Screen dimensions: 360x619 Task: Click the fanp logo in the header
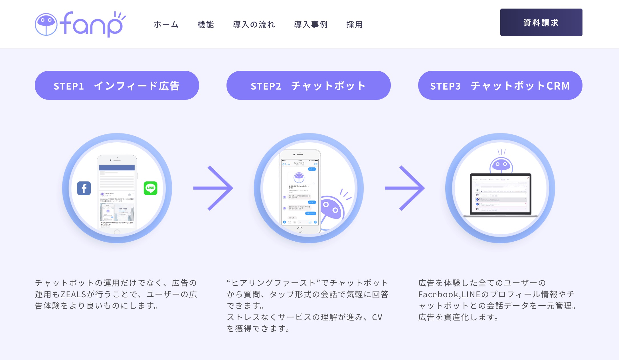click(80, 24)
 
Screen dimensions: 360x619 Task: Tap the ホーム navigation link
click(166, 25)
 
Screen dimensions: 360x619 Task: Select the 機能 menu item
click(206, 25)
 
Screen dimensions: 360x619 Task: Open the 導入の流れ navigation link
click(254, 25)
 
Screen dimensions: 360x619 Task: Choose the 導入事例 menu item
click(311, 25)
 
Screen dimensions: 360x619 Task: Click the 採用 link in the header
click(355, 25)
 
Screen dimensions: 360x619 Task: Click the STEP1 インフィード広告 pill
click(117, 85)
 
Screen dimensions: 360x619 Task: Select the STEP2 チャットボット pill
click(308, 85)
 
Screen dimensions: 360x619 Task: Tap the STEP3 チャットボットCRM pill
click(500, 85)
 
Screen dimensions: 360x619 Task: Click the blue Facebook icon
click(84, 188)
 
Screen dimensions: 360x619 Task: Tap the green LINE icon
click(150, 188)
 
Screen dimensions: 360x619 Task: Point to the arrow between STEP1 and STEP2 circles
click(213, 188)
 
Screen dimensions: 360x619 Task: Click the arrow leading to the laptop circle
click(405, 188)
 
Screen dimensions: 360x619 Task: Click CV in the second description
click(377, 317)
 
